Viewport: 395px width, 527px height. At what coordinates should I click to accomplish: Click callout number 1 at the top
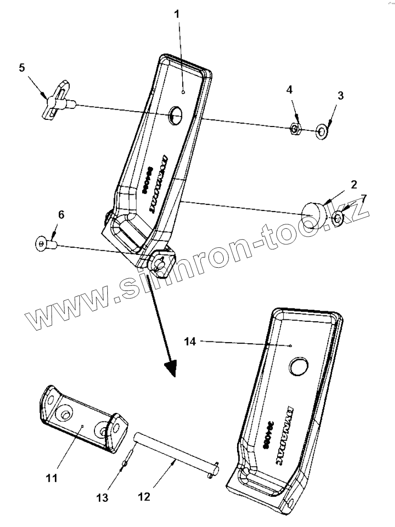pos(177,14)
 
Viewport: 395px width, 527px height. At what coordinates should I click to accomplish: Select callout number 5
pos(22,67)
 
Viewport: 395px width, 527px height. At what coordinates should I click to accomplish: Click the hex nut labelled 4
pos(296,129)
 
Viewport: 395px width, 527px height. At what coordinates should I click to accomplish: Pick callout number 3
pos(340,95)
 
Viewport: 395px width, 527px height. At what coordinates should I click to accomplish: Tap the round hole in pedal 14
pos(300,366)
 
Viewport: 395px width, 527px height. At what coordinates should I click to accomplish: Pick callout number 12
pos(144,496)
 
